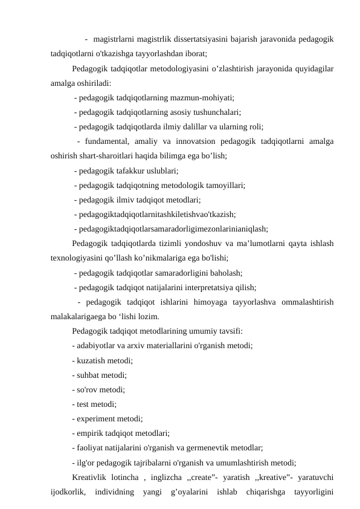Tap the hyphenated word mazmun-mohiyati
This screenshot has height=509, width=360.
point(203,96)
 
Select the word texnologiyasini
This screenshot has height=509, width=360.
point(80,258)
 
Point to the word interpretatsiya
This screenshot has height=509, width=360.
point(207,287)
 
